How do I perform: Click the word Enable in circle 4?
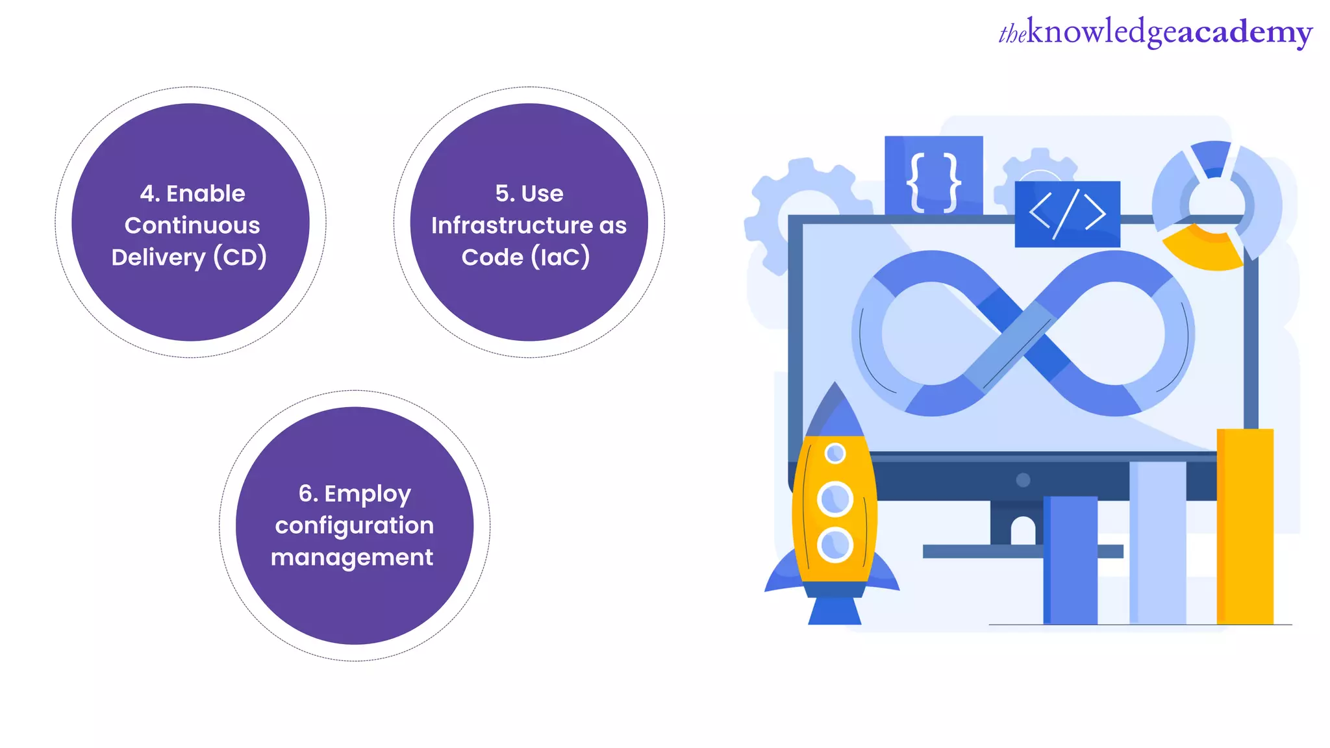click(x=205, y=193)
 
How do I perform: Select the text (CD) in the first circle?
click(x=240, y=257)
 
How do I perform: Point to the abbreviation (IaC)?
click(x=560, y=257)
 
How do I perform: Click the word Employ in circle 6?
click(x=368, y=494)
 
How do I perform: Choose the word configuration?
click(x=354, y=525)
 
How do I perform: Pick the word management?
click(x=351, y=557)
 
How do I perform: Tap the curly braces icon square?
click(x=933, y=175)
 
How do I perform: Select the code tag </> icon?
click(x=1067, y=214)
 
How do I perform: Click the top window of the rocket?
click(x=835, y=453)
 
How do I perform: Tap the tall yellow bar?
click(x=1244, y=526)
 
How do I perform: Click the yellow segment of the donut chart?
click(x=1202, y=250)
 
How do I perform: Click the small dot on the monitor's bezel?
click(x=1023, y=480)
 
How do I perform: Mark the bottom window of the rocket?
click(x=835, y=544)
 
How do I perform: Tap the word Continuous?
click(x=192, y=225)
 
